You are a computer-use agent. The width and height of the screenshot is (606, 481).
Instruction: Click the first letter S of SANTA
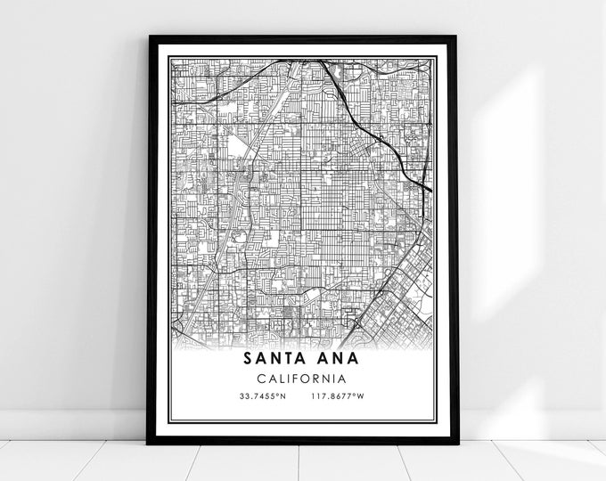click(x=244, y=361)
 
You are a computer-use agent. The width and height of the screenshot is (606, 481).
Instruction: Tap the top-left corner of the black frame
click(x=150, y=37)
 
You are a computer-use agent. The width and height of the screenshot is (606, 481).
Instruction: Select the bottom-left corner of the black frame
click(x=148, y=443)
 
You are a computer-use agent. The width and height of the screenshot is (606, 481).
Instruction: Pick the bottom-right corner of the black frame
click(x=456, y=443)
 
